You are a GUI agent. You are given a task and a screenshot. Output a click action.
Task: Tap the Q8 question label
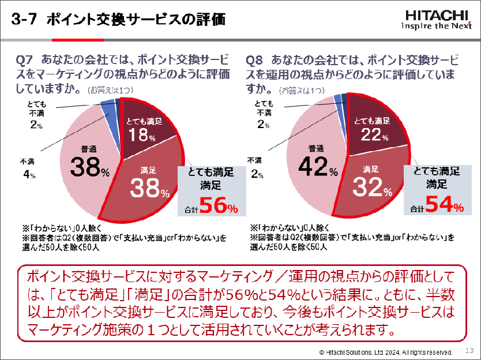254,59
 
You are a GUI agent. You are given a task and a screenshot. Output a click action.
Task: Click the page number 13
469,350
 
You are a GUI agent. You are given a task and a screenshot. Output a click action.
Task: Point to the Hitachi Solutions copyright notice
385,351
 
